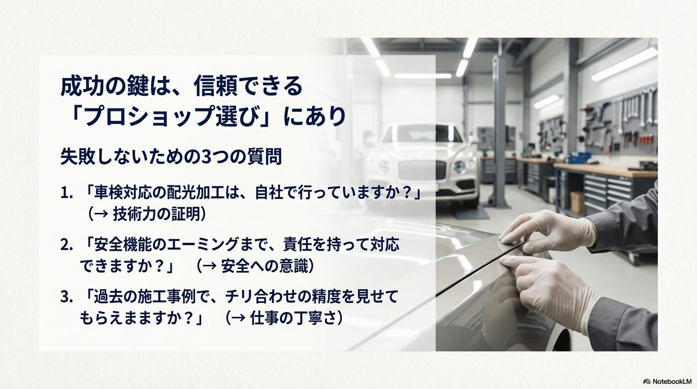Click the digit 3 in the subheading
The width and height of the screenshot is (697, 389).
coord(207,157)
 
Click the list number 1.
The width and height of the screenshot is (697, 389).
coord(65,194)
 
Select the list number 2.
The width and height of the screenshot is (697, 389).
coord(65,245)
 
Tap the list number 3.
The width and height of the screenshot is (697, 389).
coord(65,297)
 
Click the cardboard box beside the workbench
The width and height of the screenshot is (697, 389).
coord(576,202)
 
